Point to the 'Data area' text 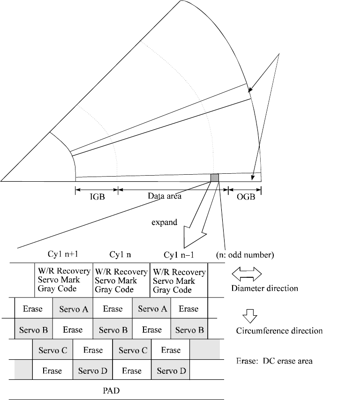pyautogui.click(x=165, y=196)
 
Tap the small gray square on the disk pyautogui.click(x=215, y=178)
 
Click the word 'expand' pyautogui.click(x=164, y=222)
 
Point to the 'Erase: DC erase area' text pyautogui.click(x=273, y=361)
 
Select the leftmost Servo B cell pyautogui.click(x=33, y=330)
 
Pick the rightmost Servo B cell pyautogui.click(x=189, y=330)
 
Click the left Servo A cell pyautogui.click(x=73, y=309)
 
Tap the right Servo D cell pyautogui.click(x=171, y=371)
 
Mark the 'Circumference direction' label pyautogui.click(x=279, y=331)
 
